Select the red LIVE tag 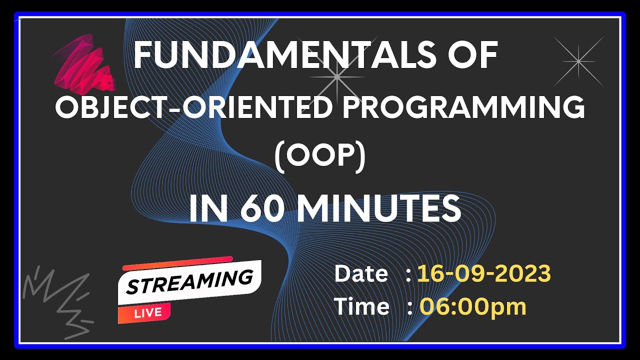pyautogui.click(x=147, y=313)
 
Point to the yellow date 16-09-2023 pyautogui.click(x=484, y=274)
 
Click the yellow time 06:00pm pyautogui.click(x=472, y=306)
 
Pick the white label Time pyautogui.click(x=361, y=306)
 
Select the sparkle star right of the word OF pyautogui.click(x=578, y=61)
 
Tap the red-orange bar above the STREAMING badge pyautogui.click(x=177, y=263)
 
